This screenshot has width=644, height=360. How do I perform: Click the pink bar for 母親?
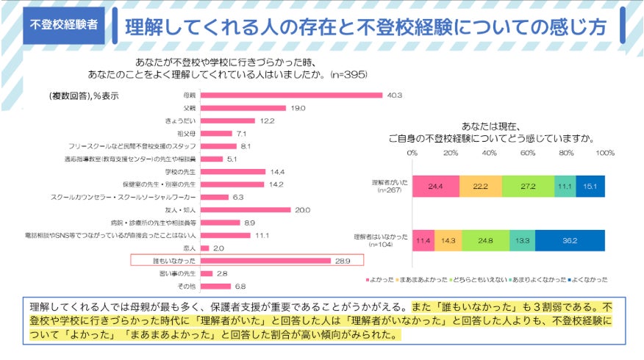291,95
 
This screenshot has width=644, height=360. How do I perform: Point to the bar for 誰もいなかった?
265,261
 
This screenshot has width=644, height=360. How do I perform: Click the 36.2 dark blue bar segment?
570,240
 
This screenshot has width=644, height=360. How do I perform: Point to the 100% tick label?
604,153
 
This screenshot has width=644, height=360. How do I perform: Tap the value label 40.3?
395,95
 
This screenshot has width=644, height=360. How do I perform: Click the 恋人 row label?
189,248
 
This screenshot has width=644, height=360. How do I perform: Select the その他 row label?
187,287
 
